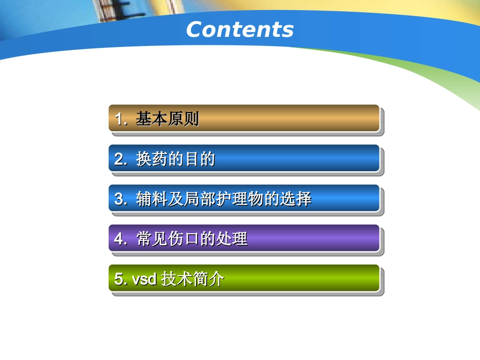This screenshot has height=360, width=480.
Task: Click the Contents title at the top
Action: [x=239, y=30]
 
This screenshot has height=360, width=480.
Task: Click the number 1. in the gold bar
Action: [x=121, y=119]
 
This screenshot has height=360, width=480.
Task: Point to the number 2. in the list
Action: [x=121, y=160]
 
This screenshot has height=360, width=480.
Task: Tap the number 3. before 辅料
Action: [x=121, y=199]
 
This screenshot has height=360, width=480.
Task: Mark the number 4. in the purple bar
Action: [x=121, y=239]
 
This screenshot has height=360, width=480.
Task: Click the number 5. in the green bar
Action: [x=120, y=279]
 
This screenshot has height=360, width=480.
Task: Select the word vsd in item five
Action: [x=144, y=279]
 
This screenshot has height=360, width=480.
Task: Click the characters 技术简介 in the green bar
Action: [x=193, y=279]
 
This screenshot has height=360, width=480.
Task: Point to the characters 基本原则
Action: [x=167, y=119]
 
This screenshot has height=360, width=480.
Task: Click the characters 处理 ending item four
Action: [x=232, y=239]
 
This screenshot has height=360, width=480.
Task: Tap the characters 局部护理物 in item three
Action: [x=224, y=199]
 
